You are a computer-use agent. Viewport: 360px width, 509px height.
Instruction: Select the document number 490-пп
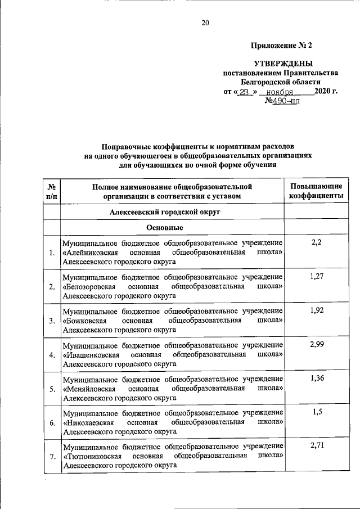click(282, 101)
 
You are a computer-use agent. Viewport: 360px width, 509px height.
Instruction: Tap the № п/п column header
click(51, 191)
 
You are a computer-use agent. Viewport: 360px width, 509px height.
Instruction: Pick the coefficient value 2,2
click(316, 242)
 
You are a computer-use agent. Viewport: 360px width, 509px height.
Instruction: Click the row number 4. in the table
click(52, 355)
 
